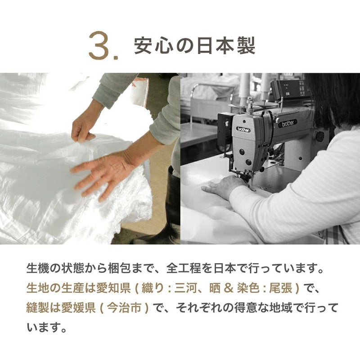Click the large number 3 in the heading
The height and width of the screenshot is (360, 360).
point(99,45)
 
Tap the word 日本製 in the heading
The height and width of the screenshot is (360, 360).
point(226,46)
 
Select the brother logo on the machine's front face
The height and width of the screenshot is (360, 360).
point(243,129)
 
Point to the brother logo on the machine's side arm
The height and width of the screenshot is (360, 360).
point(288,123)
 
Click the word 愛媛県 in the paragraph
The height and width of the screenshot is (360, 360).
point(78,308)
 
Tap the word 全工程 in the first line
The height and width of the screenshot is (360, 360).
point(184,268)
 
